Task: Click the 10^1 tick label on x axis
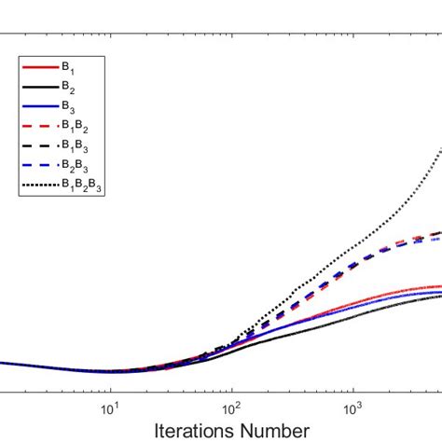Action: [x=110, y=407]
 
